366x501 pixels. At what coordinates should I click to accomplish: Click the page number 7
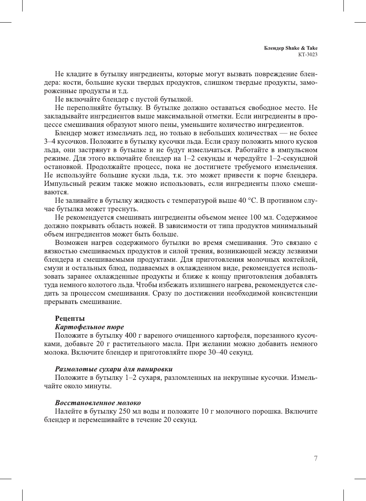tap(315, 458)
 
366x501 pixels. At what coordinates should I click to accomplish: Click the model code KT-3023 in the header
tap(308, 54)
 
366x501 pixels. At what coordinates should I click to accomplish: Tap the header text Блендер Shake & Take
tap(291, 48)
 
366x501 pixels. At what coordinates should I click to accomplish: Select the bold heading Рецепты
tap(70, 319)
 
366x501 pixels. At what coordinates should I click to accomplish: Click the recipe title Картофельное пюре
tap(89, 327)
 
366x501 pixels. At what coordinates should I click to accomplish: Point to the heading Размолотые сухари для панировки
tap(114, 369)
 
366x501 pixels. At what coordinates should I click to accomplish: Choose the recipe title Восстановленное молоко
tap(98, 403)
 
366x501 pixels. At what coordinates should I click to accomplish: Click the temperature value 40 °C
tap(247, 200)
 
